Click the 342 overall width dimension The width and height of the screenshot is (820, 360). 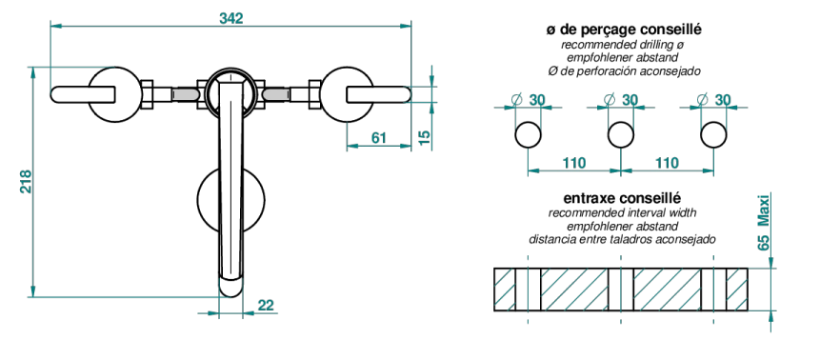(231, 18)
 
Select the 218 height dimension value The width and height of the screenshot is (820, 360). (26, 181)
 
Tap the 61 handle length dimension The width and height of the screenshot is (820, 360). (379, 137)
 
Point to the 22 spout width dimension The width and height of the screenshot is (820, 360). (266, 305)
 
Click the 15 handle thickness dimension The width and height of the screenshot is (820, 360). (425, 137)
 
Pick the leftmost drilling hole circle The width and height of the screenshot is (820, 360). (528, 135)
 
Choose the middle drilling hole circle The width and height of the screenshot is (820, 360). (621, 135)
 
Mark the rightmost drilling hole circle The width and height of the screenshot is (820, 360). (714, 135)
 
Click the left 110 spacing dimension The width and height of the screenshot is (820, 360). (574, 163)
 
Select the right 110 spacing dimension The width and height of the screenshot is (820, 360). (667, 163)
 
